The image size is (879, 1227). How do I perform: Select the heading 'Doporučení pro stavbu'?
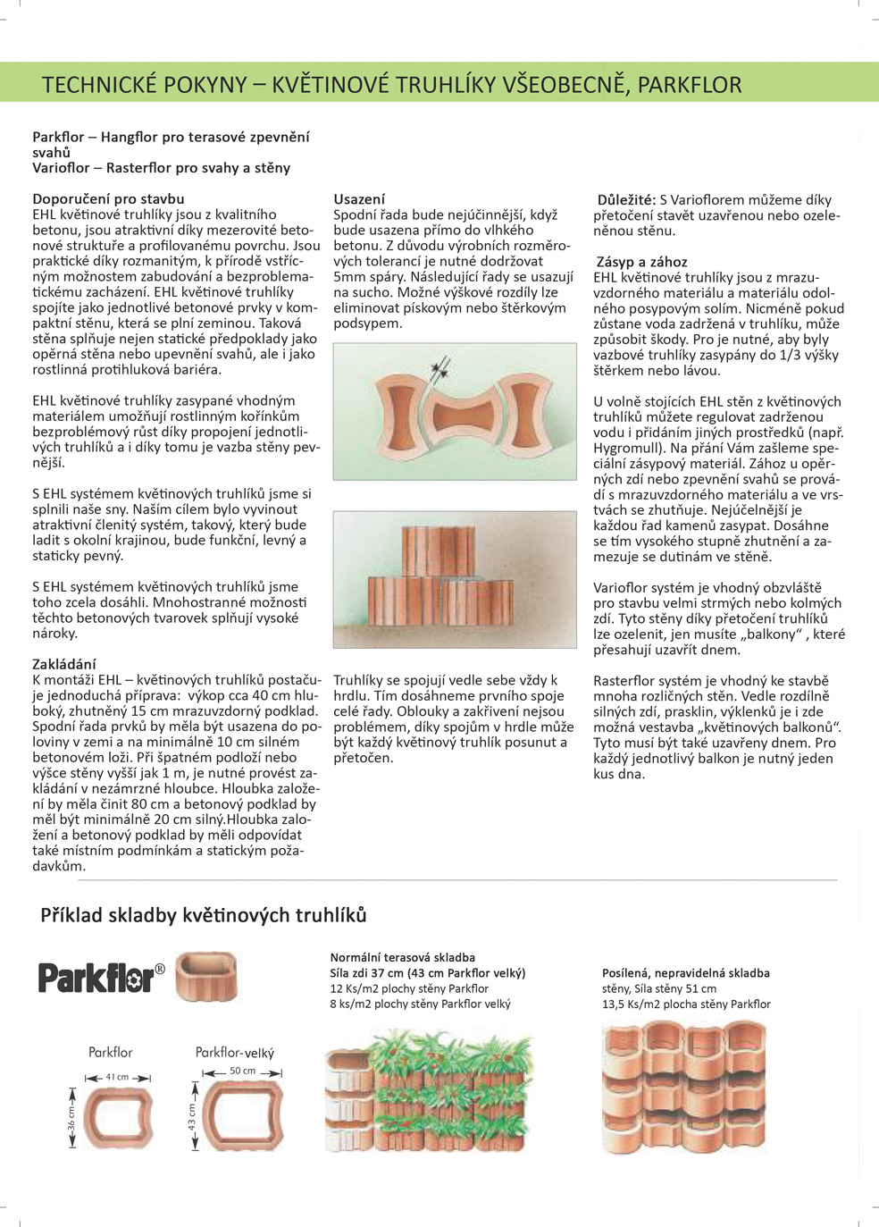point(108,199)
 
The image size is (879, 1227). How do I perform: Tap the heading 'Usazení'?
point(359,199)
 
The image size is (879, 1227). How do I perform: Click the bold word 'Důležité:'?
point(626,200)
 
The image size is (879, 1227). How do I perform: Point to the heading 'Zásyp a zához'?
point(641,262)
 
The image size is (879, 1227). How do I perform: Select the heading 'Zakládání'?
point(64,664)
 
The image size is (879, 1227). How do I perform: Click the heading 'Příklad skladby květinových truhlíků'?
point(204,915)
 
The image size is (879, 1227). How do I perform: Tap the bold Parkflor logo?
point(101,977)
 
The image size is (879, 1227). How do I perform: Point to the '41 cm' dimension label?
point(117,1077)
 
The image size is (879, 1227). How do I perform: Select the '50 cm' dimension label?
point(242,1071)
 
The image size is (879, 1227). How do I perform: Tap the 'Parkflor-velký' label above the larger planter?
point(235,1053)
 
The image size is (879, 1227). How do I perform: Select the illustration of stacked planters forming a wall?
point(455,579)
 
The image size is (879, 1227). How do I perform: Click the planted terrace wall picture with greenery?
point(428,1091)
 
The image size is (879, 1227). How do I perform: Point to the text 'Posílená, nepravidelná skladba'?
point(685,973)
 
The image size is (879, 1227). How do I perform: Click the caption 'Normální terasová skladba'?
point(402,957)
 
